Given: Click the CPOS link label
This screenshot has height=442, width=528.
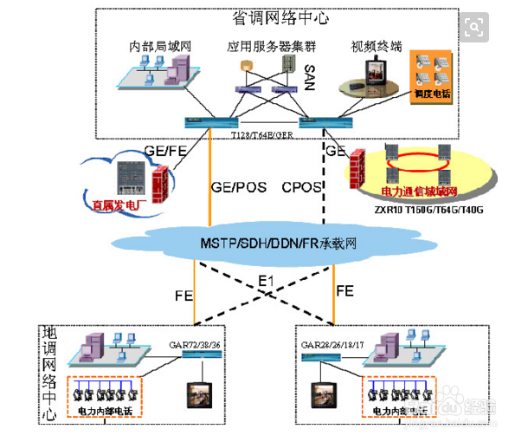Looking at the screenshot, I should pos(302,185).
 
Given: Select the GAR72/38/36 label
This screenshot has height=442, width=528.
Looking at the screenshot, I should pos(195,344).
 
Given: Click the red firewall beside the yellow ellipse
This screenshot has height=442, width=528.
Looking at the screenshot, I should pos(356,169).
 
